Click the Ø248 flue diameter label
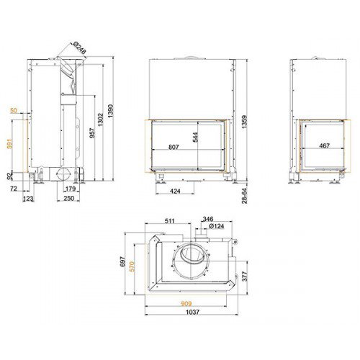tap(79, 48)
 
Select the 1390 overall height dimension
tap(110, 111)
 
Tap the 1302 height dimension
tap(100, 120)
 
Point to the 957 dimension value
tap(92, 133)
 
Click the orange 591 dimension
tap(9, 143)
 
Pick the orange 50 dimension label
tap(14, 110)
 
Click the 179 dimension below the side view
tap(71, 189)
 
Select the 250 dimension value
tap(68, 198)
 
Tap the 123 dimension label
tap(28, 199)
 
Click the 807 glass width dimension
tap(174, 147)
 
